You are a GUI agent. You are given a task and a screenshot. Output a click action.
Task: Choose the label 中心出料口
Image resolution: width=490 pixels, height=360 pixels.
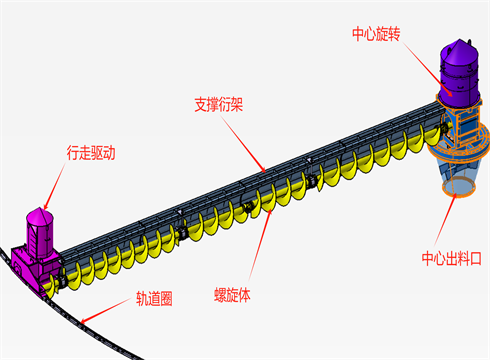coord(452,259)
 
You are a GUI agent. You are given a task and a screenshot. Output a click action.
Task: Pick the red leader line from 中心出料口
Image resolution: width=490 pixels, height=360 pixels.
coord(451,223)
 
